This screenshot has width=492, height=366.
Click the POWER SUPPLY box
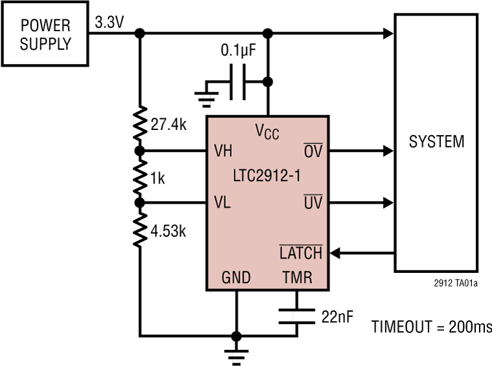tap(45, 34)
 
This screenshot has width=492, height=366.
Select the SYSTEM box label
tap(436, 142)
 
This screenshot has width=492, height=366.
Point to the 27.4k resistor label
tap(168, 125)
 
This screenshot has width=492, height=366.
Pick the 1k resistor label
tap(157, 178)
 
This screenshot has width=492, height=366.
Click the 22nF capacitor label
tap(337, 317)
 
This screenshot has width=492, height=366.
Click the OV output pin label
tap(313, 151)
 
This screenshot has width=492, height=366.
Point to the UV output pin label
tap(313, 203)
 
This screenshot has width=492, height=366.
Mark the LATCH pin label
tap(300, 253)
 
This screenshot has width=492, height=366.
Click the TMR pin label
tap(297, 278)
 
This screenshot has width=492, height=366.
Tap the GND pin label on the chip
tap(236, 278)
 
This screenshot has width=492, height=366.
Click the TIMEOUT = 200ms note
tap(431, 327)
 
